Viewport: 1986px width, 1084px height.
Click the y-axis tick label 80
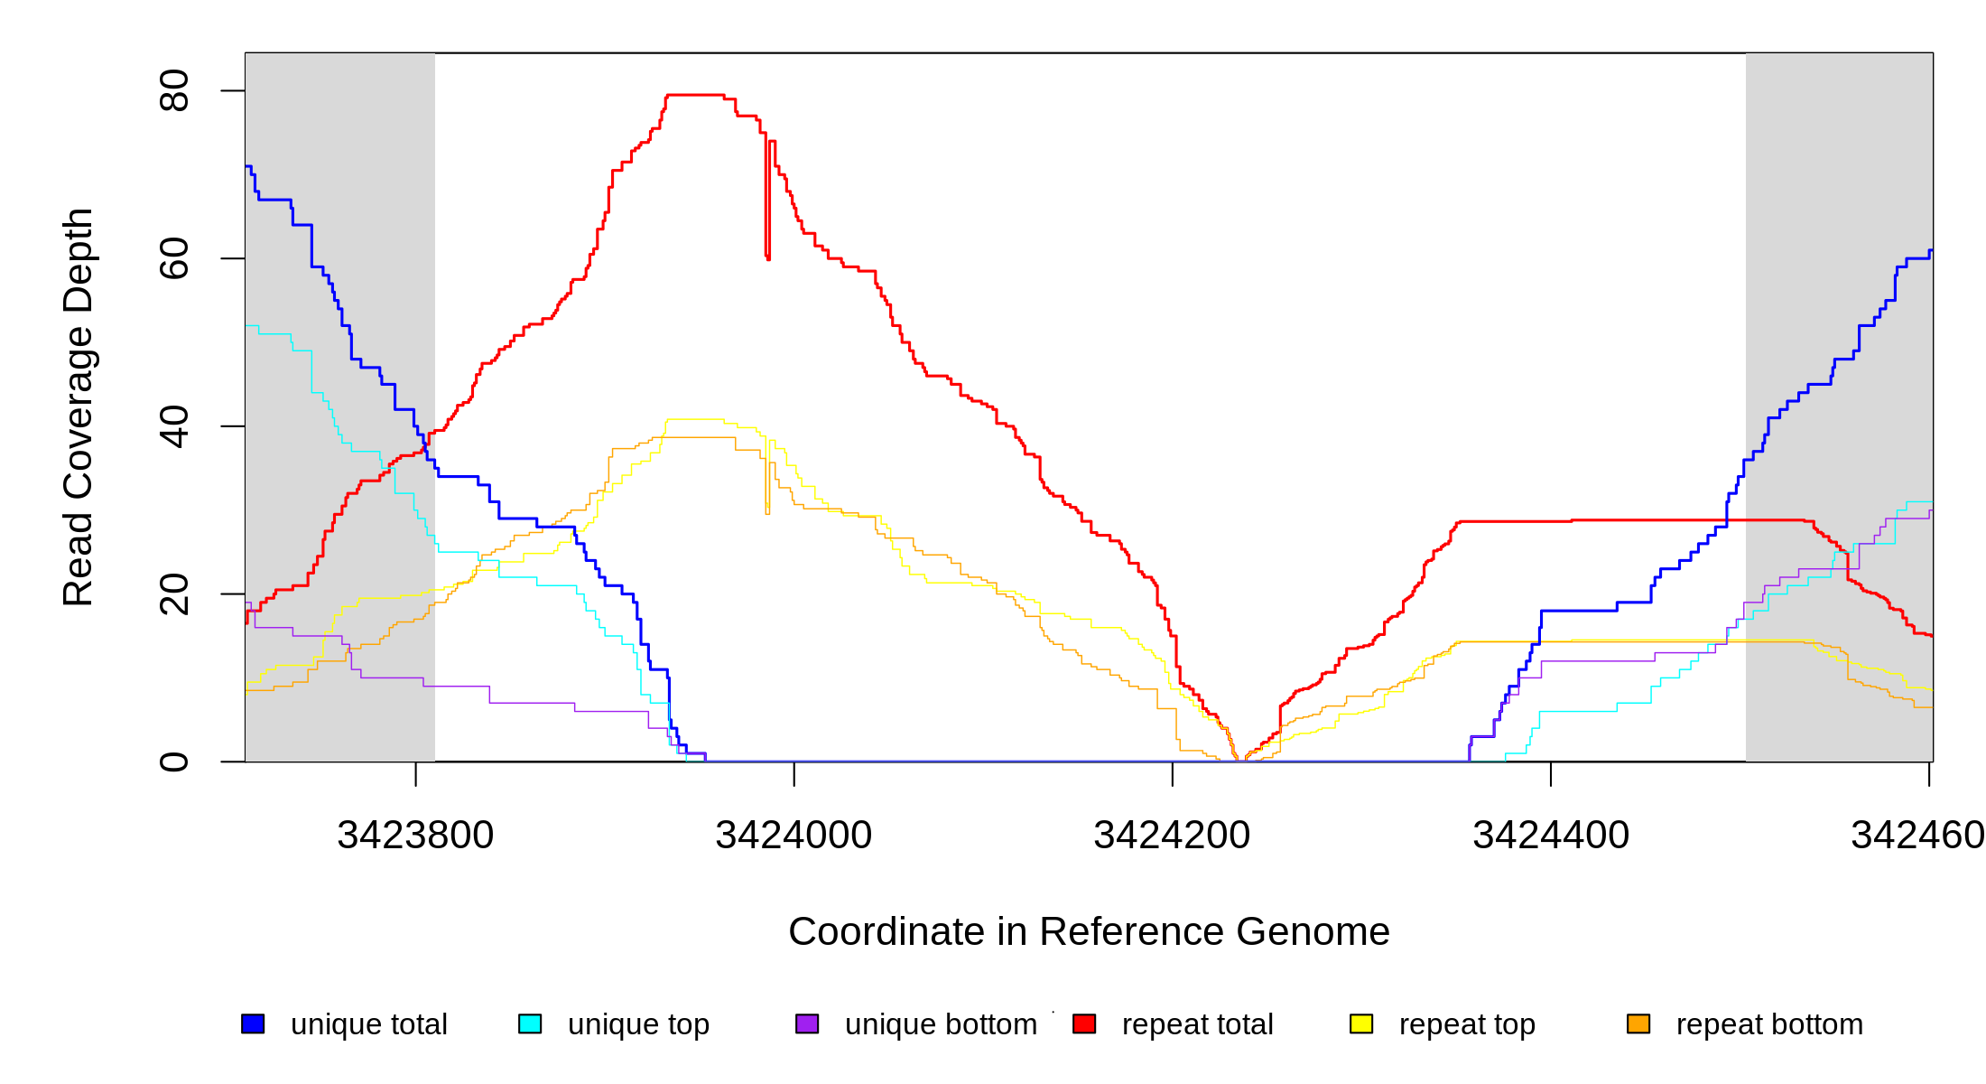[173, 90]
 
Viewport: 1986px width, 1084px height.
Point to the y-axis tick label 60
[173, 258]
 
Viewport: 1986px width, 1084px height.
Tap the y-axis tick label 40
[173, 426]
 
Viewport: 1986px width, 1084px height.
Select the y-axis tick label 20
[173, 594]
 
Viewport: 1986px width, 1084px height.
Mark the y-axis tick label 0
[173, 762]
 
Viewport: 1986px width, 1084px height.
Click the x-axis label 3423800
[415, 836]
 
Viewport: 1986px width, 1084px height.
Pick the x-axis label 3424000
[793, 836]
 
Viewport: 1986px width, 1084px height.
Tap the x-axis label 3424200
[1172, 836]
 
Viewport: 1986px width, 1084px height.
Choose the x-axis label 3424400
[1551, 836]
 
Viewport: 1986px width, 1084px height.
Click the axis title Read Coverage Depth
[79, 406]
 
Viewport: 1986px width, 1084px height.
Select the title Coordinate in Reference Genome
[1089, 931]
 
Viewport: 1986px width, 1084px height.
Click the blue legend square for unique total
[253, 1023]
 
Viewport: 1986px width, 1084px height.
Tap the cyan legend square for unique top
[530, 1023]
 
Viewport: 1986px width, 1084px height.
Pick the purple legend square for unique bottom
[807, 1023]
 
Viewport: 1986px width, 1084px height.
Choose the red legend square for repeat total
[1084, 1023]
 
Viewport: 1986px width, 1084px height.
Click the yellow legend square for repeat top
[1361, 1023]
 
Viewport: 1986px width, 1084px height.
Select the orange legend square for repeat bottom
[1638, 1023]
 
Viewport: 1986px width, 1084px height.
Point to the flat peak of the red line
[695, 95]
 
